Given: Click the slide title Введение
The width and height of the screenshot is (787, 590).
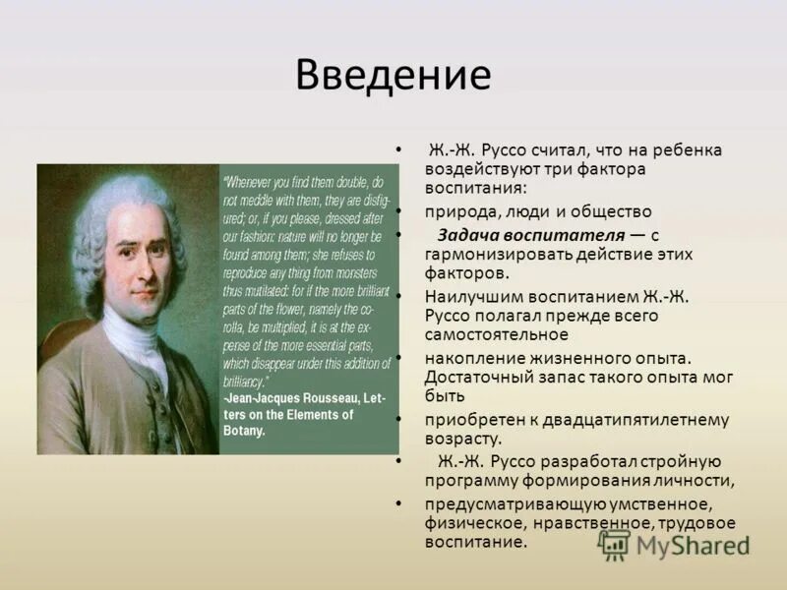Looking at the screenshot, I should [393, 75].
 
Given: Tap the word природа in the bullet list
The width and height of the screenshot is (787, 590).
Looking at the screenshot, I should [458, 210].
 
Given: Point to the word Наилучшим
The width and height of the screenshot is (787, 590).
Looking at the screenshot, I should [468, 296].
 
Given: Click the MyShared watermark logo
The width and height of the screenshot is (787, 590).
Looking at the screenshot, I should [675, 545].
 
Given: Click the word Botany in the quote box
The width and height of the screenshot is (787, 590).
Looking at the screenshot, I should [245, 430].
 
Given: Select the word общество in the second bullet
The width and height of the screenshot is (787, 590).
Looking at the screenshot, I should [613, 210].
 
